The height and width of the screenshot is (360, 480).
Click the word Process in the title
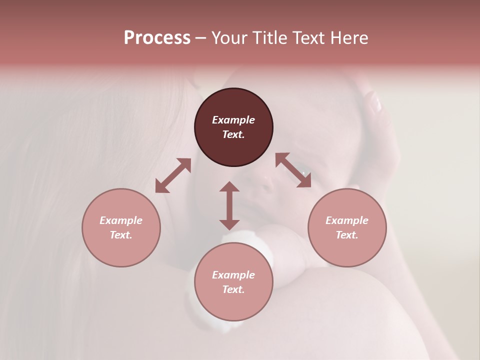coord(157,38)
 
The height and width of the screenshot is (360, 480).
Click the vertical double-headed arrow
coord(229,205)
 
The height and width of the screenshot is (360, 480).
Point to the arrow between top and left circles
coord(173,175)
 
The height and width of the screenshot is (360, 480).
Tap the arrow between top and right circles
coord(293,170)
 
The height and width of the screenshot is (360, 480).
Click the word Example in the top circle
coord(233,120)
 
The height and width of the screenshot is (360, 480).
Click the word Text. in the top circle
coord(233,134)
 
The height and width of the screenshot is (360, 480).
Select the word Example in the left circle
coord(121,220)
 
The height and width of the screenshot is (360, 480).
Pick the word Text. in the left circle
coord(121,235)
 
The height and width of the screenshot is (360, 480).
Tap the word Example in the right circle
coord(347,220)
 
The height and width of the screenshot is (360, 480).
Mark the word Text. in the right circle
coord(347,235)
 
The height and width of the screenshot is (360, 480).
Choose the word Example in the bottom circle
coord(233,275)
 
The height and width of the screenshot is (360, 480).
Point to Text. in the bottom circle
coord(233,289)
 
